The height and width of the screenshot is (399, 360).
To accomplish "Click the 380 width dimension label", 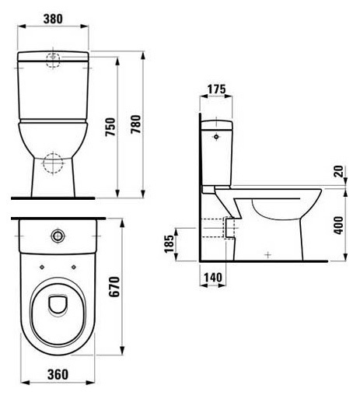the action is tap(53, 19).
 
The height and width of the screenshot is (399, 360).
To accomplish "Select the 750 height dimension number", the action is tap(110, 127).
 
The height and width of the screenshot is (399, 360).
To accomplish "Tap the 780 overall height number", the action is tap(135, 124).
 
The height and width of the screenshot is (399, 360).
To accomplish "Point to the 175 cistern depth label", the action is tap(217, 89).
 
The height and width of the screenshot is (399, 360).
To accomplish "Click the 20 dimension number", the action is tap(339, 171).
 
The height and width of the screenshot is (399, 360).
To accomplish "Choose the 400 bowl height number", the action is tap(338, 226).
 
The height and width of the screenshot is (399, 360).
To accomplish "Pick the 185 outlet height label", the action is tap(169, 243).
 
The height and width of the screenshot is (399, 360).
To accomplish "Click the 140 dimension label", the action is tap(213, 278).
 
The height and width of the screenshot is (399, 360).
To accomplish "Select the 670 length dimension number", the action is tap(114, 286).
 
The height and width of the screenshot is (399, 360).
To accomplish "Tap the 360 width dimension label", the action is tap(58, 374).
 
